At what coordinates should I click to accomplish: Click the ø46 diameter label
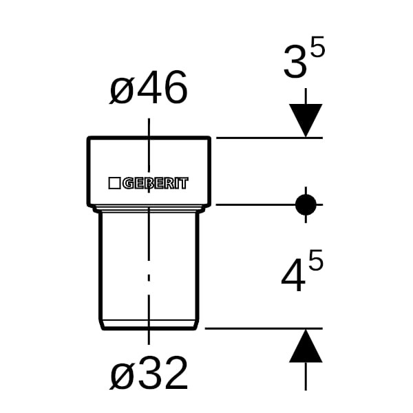click(148, 89)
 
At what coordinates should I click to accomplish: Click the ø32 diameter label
click(148, 374)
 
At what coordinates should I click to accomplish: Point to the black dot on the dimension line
click(306, 204)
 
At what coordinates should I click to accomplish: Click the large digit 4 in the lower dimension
click(295, 276)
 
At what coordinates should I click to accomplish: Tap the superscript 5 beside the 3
click(317, 49)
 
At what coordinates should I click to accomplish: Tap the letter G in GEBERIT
click(129, 183)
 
